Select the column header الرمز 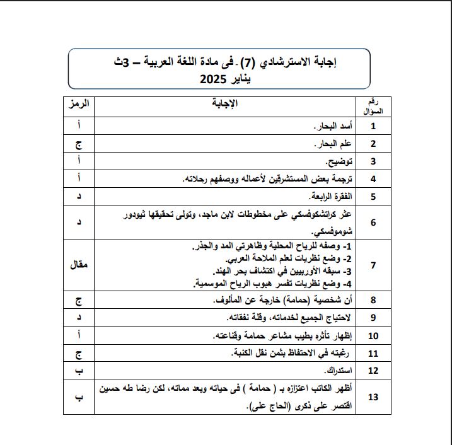coord(80,103)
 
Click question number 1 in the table coord(373,126)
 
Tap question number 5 coord(373,196)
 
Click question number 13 coord(373,396)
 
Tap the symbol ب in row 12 coord(80,370)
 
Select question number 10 coord(373,335)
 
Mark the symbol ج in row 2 coord(80,144)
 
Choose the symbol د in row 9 coord(80,318)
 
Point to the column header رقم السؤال coord(373,106)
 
